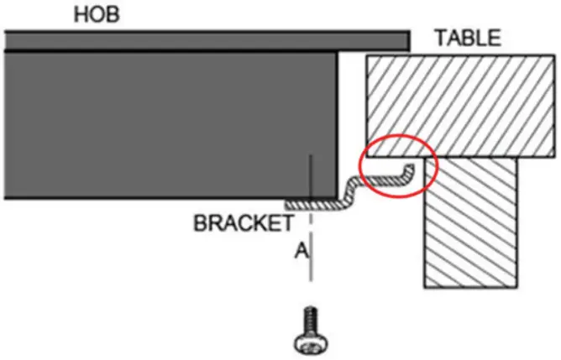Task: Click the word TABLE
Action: (468, 38)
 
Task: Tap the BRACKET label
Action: (244, 224)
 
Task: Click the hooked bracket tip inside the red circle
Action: (410, 172)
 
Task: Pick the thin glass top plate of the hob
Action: (207, 40)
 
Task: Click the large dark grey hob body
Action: (168, 126)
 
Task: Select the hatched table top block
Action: (454, 106)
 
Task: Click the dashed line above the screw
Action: (311, 252)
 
